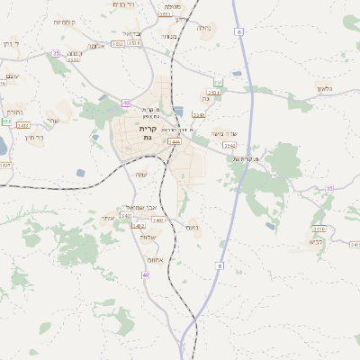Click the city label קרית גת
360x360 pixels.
click(148, 133)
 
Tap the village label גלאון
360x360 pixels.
click(325, 88)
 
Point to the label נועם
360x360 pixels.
click(192, 228)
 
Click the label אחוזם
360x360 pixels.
click(155, 259)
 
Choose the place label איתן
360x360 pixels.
click(108, 218)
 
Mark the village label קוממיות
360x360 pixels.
click(65, 21)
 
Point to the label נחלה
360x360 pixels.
click(204, 28)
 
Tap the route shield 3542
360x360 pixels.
click(229, 145)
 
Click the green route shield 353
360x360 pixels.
click(218, 82)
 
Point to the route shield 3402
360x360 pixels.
click(139, 225)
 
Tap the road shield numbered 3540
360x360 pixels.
click(199, 115)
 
